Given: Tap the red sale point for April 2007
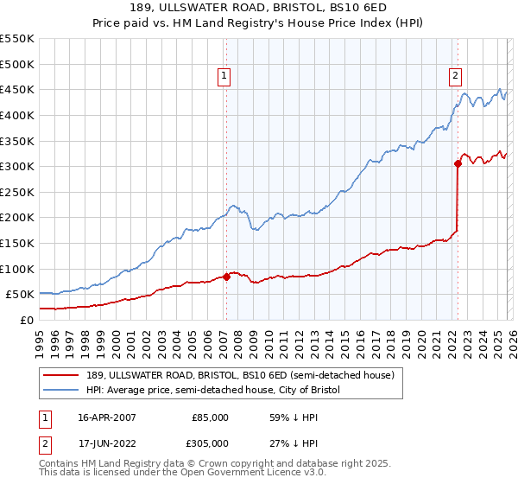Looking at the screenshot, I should pos(226,277).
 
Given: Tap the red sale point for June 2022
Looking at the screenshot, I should pos(458,163).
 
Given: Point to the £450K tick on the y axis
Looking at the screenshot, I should pos(19,89).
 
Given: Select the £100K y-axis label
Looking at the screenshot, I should pos(19,269).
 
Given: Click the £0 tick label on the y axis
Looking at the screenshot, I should pos(28,320).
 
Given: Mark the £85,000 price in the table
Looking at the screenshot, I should pos(210,417).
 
